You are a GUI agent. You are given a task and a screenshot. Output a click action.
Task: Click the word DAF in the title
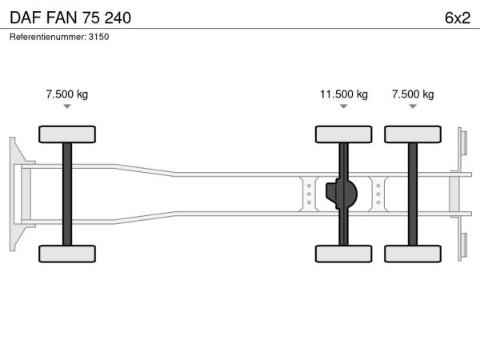tap(26, 18)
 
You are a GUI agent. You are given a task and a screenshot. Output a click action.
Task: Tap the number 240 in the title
tap(118, 18)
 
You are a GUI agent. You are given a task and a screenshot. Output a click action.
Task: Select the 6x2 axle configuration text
tap(458, 18)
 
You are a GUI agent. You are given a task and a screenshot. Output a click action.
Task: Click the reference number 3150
tap(98, 37)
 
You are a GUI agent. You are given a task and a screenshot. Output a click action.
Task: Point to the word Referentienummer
tap(48, 37)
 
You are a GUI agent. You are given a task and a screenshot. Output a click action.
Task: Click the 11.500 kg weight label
tap(344, 94)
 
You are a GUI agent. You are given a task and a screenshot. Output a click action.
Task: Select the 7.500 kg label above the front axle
tap(67, 94)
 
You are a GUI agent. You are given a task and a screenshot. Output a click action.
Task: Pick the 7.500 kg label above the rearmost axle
tap(413, 94)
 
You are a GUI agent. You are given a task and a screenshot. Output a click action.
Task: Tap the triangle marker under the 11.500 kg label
tap(344, 106)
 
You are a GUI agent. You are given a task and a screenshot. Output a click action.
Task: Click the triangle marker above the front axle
tap(67, 106)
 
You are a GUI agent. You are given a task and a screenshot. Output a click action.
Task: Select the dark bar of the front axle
tap(67, 194)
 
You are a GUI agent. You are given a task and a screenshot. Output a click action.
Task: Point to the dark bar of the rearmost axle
tap(413, 194)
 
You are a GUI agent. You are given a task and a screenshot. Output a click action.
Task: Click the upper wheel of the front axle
tap(67, 134)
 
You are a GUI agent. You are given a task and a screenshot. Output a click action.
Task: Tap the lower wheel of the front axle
tap(67, 254)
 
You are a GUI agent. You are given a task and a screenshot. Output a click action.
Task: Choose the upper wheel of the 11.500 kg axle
tap(344, 134)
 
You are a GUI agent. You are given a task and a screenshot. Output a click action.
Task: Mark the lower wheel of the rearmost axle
tap(413, 254)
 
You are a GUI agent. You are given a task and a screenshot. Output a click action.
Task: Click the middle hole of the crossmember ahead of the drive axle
tap(309, 194)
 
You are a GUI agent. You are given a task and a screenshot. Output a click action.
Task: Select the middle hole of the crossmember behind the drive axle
tap(378, 194)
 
